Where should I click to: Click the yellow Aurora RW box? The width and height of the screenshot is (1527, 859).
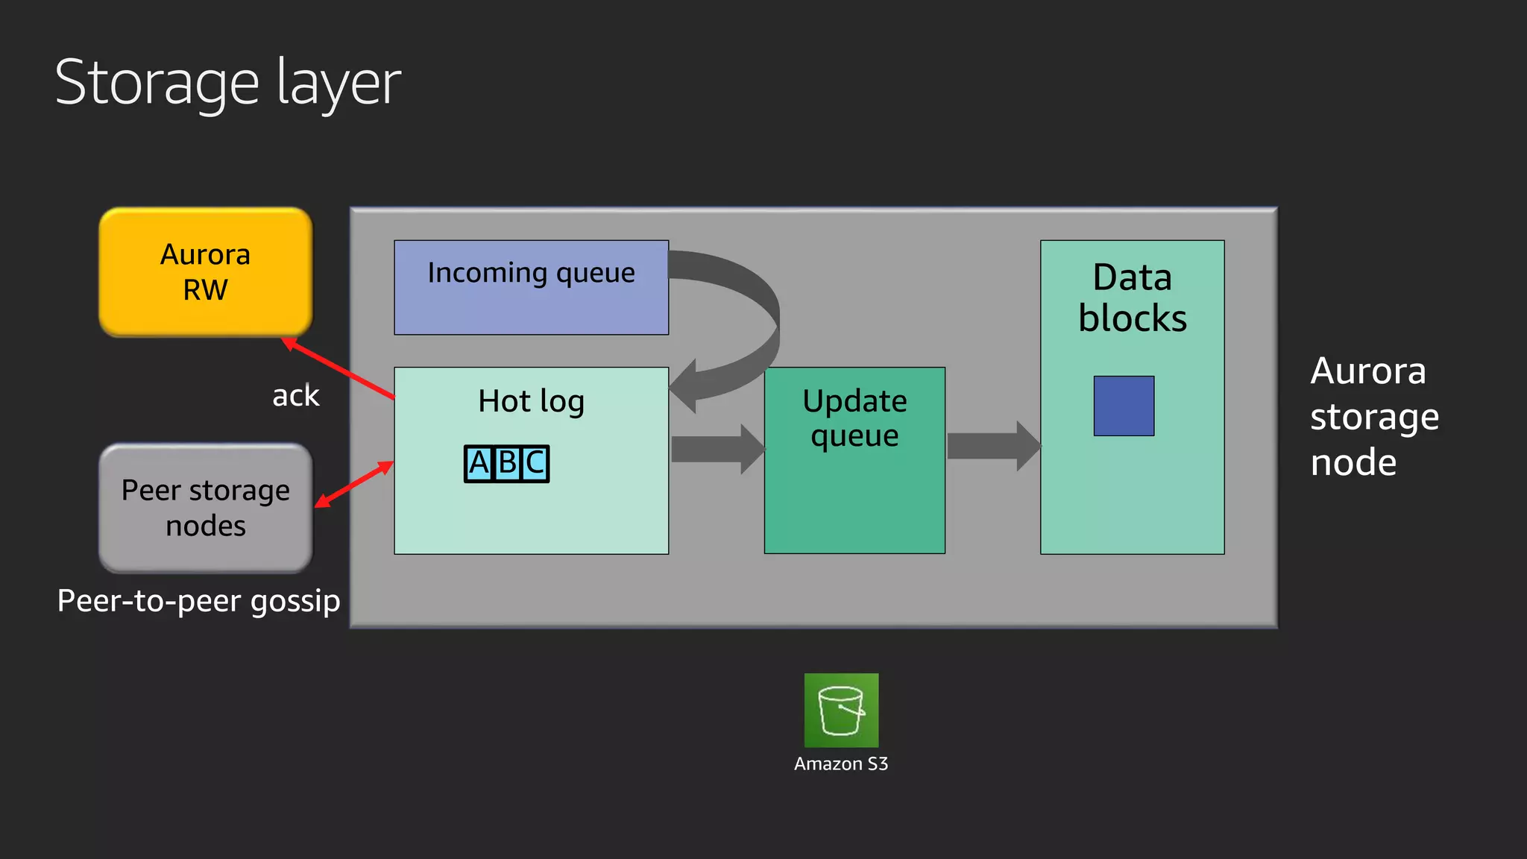[x=206, y=272]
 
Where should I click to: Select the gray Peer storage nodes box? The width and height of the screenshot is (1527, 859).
[x=206, y=508]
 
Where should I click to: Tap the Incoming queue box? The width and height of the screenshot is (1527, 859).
[x=531, y=287]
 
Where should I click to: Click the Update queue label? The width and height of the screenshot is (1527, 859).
[x=854, y=418]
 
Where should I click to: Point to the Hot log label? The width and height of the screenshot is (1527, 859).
[x=531, y=401]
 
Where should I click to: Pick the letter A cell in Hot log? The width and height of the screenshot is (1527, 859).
[x=479, y=464]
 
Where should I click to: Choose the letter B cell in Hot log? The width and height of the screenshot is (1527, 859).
[x=507, y=464]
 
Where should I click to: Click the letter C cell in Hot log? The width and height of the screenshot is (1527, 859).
[x=535, y=464]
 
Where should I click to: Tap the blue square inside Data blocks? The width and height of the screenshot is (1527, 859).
[x=1124, y=406]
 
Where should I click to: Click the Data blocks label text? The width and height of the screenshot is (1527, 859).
[x=1132, y=298]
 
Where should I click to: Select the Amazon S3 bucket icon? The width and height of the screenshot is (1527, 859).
[x=841, y=710]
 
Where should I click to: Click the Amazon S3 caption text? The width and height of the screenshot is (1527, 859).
[x=841, y=764]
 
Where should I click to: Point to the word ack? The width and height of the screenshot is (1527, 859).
[x=295, y=396]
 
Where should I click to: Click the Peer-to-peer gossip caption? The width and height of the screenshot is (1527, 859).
[x=198, y=600]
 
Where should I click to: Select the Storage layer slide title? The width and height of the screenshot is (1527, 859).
[x=227, y=83]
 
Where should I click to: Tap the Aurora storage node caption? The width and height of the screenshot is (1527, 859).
[x=1374, y=416]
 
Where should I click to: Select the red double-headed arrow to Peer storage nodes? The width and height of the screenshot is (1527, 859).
[x=354, y=485]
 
